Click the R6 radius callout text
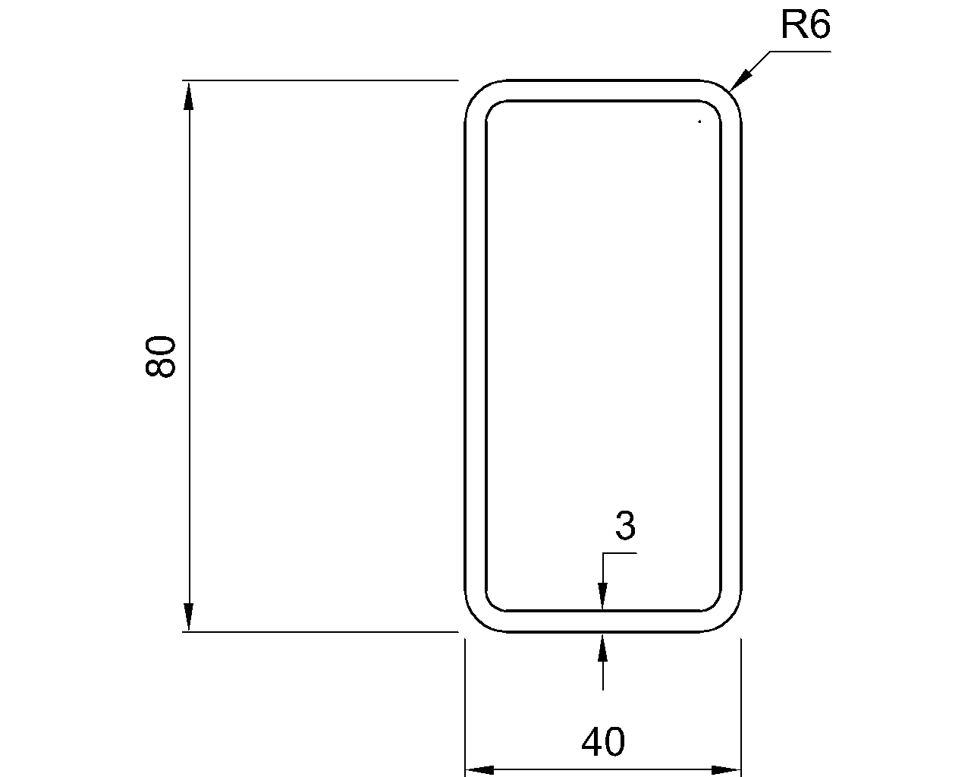(x=805, y=26)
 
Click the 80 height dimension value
(x=161, y=356)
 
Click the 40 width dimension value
(x=603, y=742)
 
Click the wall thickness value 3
(x=624, y=527)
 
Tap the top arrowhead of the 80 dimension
(x=189, y=94)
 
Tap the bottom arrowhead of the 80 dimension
(x=189, y=617)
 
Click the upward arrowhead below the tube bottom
(x=602, y=647)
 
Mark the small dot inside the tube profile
(x=699, y=121)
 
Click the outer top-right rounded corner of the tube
(x=728, y=93)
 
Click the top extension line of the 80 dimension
(x=319, y=80)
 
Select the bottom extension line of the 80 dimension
(x=319, y=631)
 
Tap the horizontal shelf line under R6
(x=800, y=52)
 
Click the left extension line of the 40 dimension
(x=464, y=706)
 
